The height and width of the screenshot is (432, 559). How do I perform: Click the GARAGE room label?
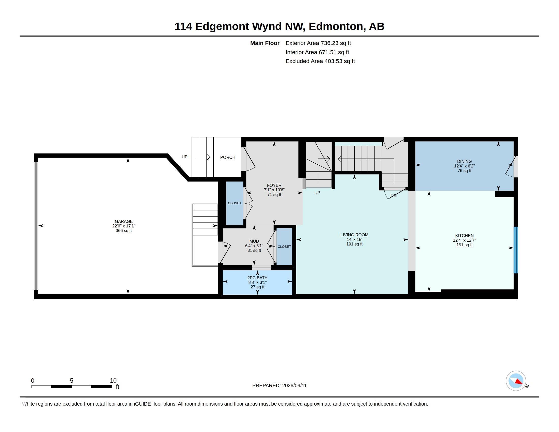124,221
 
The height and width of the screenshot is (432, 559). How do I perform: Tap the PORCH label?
228,157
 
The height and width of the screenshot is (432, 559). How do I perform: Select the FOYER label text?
274,185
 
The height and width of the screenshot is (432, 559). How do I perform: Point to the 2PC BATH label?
257,278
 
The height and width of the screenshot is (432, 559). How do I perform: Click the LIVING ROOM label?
354,235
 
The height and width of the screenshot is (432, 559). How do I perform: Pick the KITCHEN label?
464,236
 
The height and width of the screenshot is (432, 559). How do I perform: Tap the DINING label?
464,161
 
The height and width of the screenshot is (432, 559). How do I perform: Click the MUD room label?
254,241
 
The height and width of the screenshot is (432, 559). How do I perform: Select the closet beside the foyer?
235,203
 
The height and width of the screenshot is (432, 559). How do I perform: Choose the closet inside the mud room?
284,246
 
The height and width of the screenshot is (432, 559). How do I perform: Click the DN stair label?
393,195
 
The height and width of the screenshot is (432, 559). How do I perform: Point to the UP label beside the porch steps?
184,157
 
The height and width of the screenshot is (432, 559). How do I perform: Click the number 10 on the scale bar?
113,381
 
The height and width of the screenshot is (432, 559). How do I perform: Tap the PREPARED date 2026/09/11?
294,385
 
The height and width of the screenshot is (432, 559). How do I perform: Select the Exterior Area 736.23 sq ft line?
318,43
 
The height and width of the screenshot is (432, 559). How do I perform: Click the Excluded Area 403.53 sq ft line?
320,61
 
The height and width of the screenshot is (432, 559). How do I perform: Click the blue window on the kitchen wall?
516,250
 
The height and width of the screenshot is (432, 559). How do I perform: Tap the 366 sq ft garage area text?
124,230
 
